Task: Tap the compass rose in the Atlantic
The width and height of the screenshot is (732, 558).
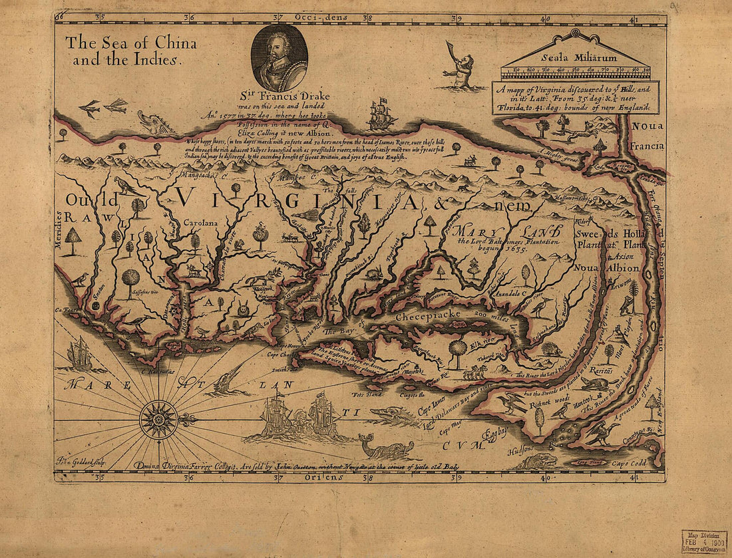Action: coord(158,420)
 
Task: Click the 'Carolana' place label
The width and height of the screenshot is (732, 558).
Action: coord(201,224)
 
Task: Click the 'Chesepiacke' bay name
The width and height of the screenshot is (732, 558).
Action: coord(424,318)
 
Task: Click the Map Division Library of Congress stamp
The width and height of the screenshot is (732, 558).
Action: coord(703,541)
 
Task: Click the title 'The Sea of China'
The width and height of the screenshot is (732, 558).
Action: coord(130,44)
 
